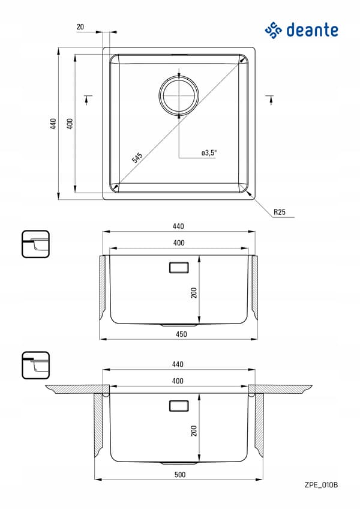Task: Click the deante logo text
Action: [312, 30]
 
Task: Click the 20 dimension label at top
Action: [80, 27]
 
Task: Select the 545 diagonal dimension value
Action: [137, 157]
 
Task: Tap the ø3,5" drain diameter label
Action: [209, 152]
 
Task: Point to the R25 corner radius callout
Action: [280, 212]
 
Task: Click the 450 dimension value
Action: [181, 334]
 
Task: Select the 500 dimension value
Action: [180, 475]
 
